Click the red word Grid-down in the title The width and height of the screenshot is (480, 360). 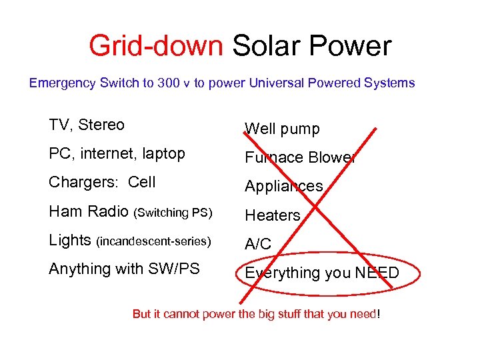pyautogui.click(x=156, y=46)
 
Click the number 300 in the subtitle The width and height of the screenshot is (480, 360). pyautogui.click(x=168, y=83)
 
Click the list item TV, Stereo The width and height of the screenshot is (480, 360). pyautogui.click(x=87, y=125)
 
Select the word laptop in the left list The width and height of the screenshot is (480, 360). pyautogui.click(x=163, y=154)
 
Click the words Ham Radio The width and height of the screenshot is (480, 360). pyautogui.click(x=89, y=212)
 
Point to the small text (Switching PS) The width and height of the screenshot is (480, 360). pyautogui.click(x=173, y=213)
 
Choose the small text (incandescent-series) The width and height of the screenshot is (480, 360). pyautogui.click(x=153, y=241)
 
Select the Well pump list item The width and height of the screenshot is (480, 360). pyautogui.click(x=282, y=129)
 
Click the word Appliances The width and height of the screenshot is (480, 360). pyautogui.click(x=283, y=187)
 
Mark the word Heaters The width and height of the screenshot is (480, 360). pyautogui.click(x=273, y=215)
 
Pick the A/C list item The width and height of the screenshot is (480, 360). pyautogui.click(x=258, y=245)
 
